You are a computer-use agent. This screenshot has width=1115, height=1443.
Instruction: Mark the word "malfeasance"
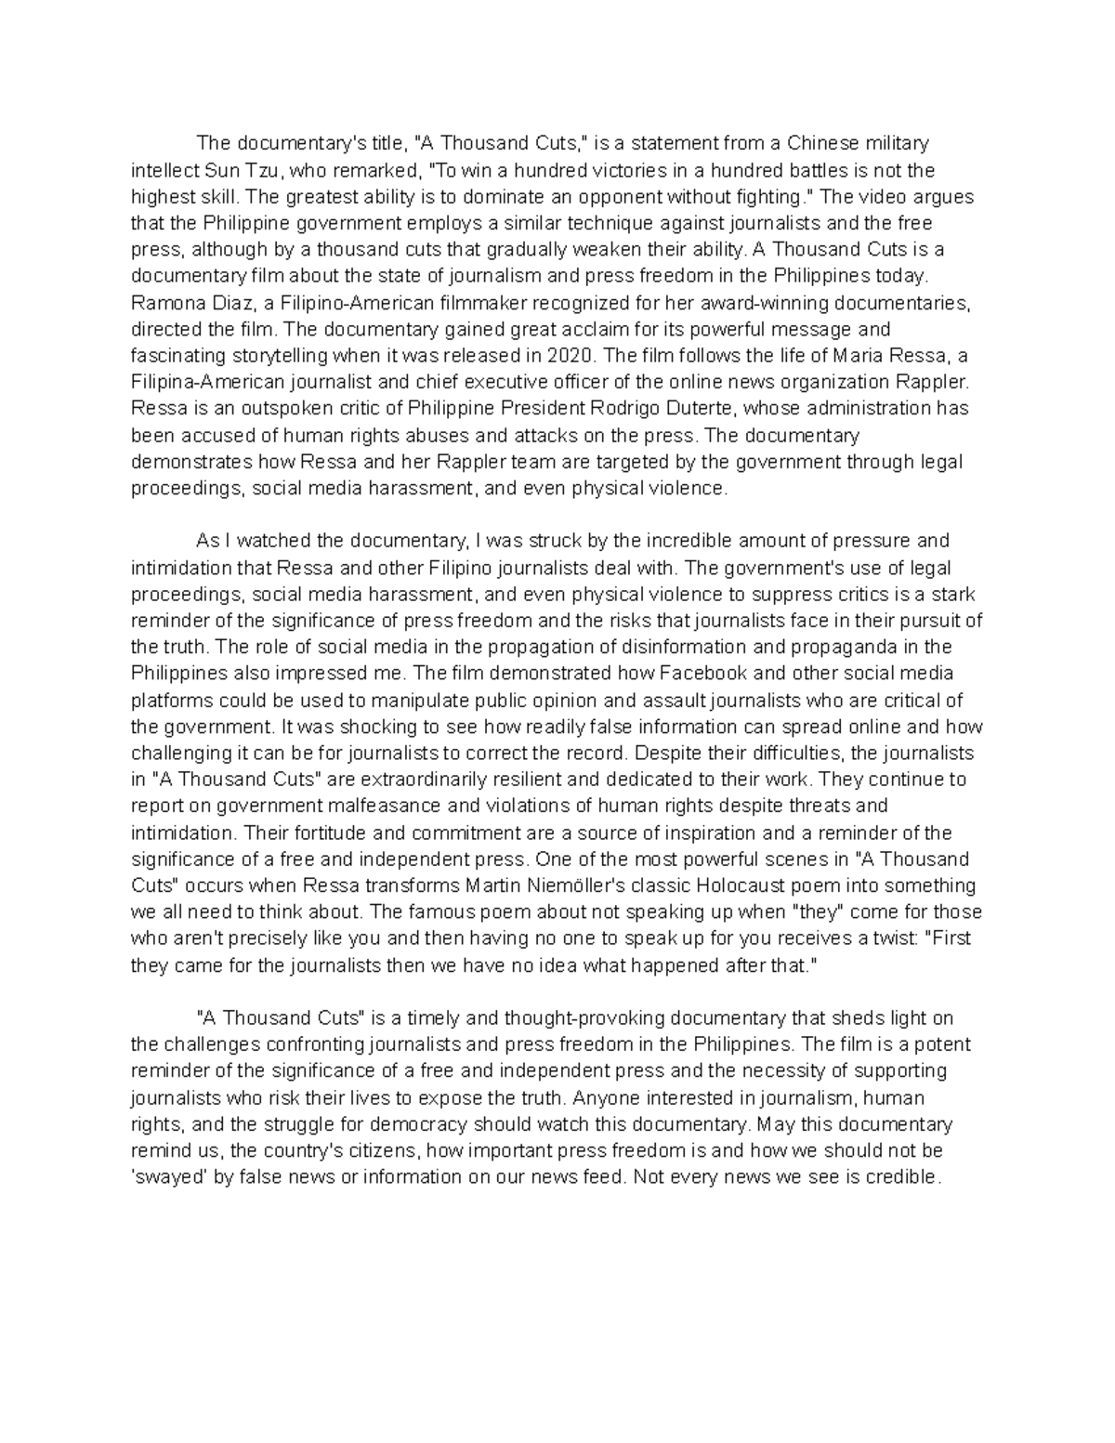click(379, 806)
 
